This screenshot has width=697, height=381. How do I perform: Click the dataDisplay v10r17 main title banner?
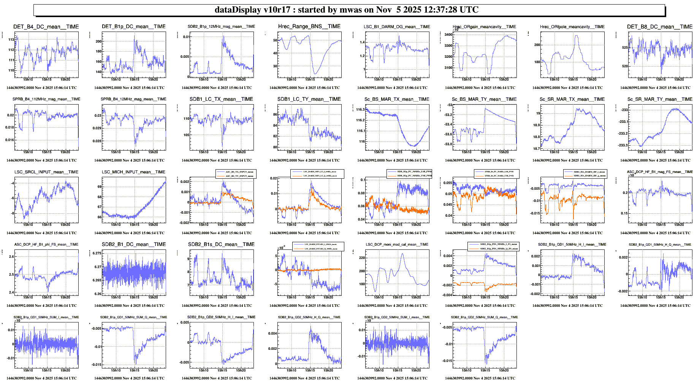click(x=347, y=10)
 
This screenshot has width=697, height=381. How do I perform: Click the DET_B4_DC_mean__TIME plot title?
click(x=46, y=27)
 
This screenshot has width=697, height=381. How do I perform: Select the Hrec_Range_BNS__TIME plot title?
click(x=309, y=26)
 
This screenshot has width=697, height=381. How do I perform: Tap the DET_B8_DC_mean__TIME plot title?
click(x=659, y=27)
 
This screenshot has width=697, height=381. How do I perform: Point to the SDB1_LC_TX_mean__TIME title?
click(x=221, y=99)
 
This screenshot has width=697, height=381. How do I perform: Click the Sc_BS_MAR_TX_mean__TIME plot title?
click(x=397, y=99)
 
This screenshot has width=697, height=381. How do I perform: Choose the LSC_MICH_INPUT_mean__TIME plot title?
click(x=133, y=172)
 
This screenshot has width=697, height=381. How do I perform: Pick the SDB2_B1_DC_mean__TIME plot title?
click(x=133, y=244)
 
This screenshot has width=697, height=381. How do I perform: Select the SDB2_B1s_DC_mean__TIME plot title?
click(x=221, y=244)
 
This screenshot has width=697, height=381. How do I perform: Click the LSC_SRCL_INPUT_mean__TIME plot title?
click(x=46, y=172)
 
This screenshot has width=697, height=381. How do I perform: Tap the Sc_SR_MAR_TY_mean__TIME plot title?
click(x=659, y=99)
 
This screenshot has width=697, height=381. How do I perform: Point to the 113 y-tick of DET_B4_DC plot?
click(x=11, y=40)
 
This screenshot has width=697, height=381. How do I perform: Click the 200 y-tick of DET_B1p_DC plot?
click(x=98, y=41)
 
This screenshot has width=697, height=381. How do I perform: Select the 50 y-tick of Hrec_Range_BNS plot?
click(x=275, y=40)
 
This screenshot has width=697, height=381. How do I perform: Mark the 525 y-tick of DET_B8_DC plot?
click(x=625, y=48)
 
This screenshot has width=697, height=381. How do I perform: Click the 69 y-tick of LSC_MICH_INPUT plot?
click(x=100, y=187)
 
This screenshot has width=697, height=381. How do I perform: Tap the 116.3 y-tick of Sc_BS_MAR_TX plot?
click(x=360, y=110)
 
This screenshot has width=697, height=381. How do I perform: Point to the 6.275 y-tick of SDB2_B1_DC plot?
click(x=97, y=253)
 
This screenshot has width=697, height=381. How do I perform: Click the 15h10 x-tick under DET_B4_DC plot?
click(x=28, y=79)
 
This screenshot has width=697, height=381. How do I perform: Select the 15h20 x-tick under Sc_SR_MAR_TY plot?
click(x=679, y=152)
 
